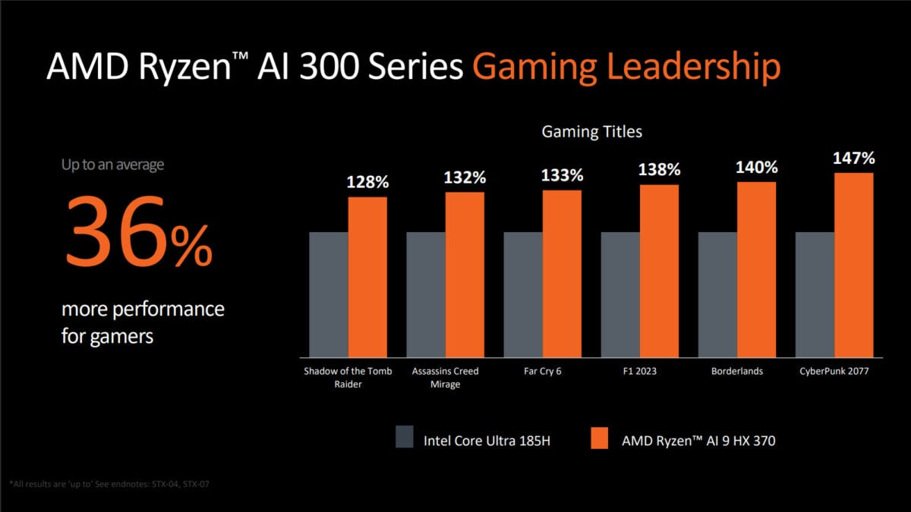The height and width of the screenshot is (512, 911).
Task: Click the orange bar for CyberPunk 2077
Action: tap(854, 265)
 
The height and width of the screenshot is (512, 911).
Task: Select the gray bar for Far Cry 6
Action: tap(523, 294)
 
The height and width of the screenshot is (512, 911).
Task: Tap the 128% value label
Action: tap(368, 182)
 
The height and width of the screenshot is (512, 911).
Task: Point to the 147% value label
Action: tap(854, 159)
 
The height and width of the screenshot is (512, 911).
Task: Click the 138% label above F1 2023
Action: tap(660, 170)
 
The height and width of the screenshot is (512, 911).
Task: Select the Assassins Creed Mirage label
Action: tap(446, 378)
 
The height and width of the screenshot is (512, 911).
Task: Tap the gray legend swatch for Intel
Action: tap(405, 438)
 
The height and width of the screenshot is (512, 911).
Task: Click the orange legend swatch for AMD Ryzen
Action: tap(599, 438)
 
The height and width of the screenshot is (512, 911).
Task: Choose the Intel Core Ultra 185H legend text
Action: tap(486, 440)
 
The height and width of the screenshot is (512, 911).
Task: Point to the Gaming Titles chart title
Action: tap(591, 132)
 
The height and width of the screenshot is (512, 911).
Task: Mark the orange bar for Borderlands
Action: tap(757, 269)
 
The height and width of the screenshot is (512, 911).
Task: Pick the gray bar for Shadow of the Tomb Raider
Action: tap(329, 294)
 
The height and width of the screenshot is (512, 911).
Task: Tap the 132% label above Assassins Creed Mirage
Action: tap(465, 177)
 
